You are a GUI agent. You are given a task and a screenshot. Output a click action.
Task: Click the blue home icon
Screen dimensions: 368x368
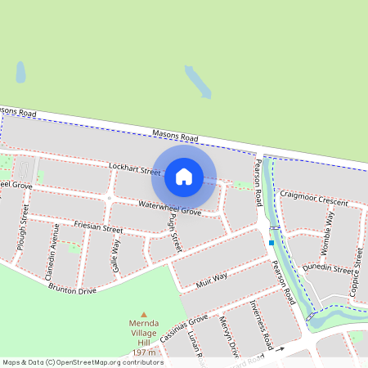click(x=184, y=176)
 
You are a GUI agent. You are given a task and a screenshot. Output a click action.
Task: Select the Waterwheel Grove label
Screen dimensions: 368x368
click(x=169, y=208)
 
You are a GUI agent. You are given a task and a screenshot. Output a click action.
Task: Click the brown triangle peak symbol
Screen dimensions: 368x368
click(x=144, y=314)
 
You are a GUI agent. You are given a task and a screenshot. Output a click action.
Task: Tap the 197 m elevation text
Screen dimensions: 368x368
click(x=144, y=351)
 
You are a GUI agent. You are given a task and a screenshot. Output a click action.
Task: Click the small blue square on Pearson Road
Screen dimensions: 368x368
click(x=272, y=242)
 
